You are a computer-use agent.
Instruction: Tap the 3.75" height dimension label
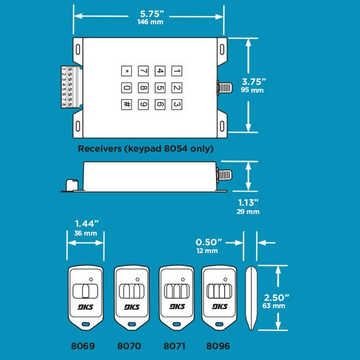coord(254,82)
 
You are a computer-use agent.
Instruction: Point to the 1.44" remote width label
coord(86,224)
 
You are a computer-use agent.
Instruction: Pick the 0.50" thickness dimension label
coord(209,243)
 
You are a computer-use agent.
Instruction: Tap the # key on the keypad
coord(127,104)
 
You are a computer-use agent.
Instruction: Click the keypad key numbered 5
coord(160,88)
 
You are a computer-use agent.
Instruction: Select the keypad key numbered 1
coord(177,71)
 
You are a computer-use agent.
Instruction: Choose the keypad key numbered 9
coord(143,104)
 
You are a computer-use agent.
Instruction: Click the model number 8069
coord(83,346)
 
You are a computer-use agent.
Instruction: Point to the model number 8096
coord(218,346)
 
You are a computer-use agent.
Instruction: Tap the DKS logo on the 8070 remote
coord(132,307)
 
